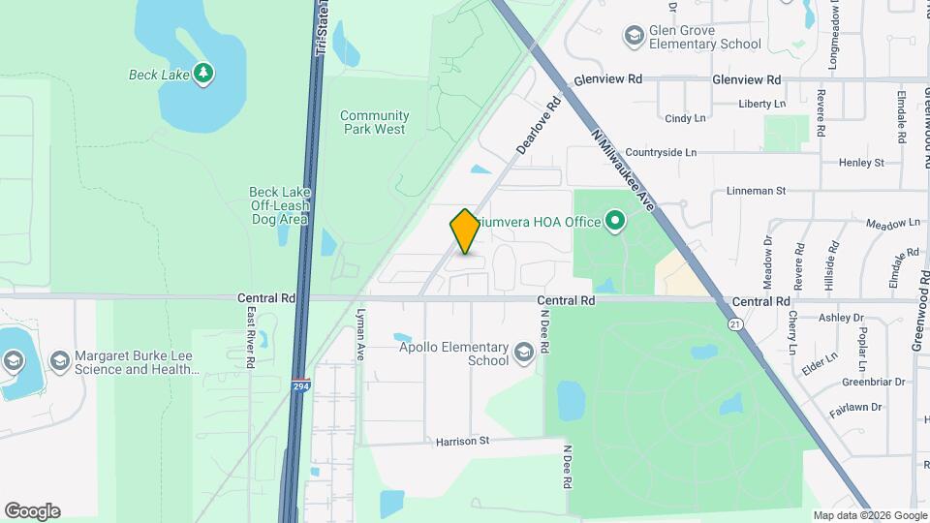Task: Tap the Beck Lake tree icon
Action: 202,74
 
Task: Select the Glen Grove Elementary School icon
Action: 635,37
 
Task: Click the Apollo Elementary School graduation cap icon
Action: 524,354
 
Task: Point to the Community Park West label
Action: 374,122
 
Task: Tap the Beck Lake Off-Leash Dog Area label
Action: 278,205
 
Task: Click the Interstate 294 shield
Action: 301,385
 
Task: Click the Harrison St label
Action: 463,441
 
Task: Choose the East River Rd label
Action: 250,336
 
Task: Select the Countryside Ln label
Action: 661,153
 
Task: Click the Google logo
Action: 32,511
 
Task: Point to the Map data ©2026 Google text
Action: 869,515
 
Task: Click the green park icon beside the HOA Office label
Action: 615,223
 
